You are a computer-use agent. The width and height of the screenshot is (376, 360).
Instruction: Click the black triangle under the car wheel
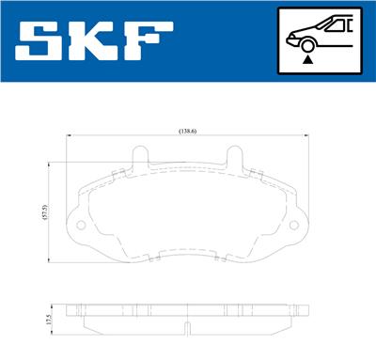coord(306,58)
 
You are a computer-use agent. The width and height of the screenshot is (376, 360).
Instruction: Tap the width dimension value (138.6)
coord(187,132)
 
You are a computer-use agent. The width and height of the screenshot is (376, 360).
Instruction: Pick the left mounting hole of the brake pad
coord(82,227)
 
